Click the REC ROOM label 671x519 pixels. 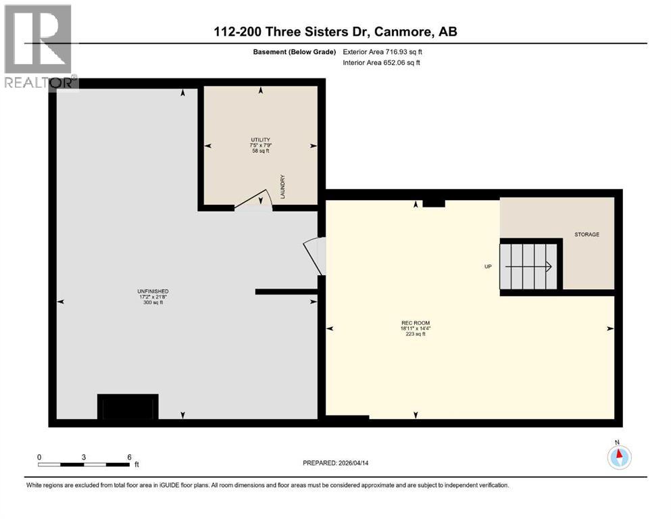point(416,322)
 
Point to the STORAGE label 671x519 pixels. point(587,234)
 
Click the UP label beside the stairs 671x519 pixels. point(487,266)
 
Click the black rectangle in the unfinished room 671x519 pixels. point(128,407)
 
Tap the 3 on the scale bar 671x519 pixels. point(84,457)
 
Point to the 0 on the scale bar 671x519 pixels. point(39,457)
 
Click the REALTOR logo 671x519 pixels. point(39,47)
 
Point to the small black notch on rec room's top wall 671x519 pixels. point(434,202)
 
